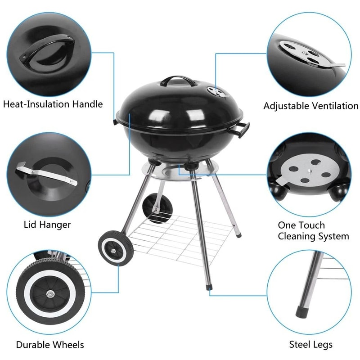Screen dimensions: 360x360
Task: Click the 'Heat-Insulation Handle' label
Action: coord(53,104)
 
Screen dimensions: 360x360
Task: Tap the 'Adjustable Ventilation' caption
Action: coord(310,106)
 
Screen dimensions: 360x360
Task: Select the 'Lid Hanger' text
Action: coord(47,224)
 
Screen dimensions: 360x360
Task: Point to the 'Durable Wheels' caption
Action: coord(50,345)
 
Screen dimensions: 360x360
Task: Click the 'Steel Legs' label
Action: coord(310,345)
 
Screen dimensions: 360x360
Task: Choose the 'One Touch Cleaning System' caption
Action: coord(313,230)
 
